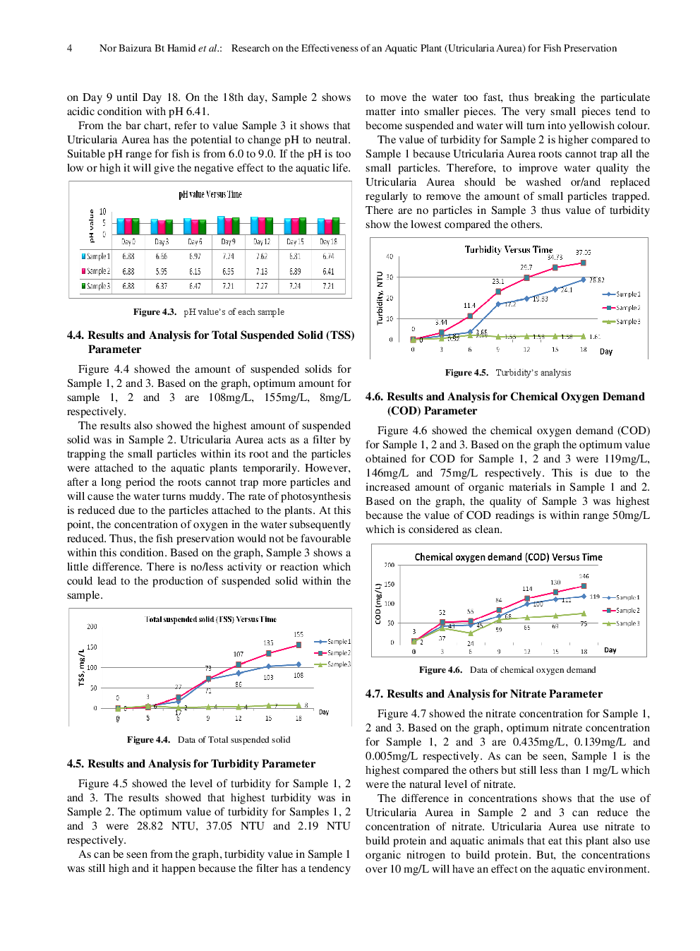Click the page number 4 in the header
pos(69,48)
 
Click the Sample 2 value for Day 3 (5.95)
pos(162,271)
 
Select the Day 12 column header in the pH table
pos(262,241)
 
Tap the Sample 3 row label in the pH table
pos(96,286)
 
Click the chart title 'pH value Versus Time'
pos(210,194)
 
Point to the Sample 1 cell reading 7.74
pos(228,256)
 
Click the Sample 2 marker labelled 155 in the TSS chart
pos(298,645)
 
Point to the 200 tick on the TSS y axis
pos(92,626)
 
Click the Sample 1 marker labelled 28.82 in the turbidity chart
pos(584,280)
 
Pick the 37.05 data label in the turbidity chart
pos(583,252)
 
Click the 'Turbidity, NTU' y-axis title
pos(380,297)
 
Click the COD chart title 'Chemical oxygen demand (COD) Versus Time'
pos(508,557)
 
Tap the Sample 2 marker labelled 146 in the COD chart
pos(584,586)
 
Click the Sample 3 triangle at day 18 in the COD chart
pos(584,614)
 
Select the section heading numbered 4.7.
pos(483,693)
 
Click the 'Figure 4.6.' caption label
pos(440,669)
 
